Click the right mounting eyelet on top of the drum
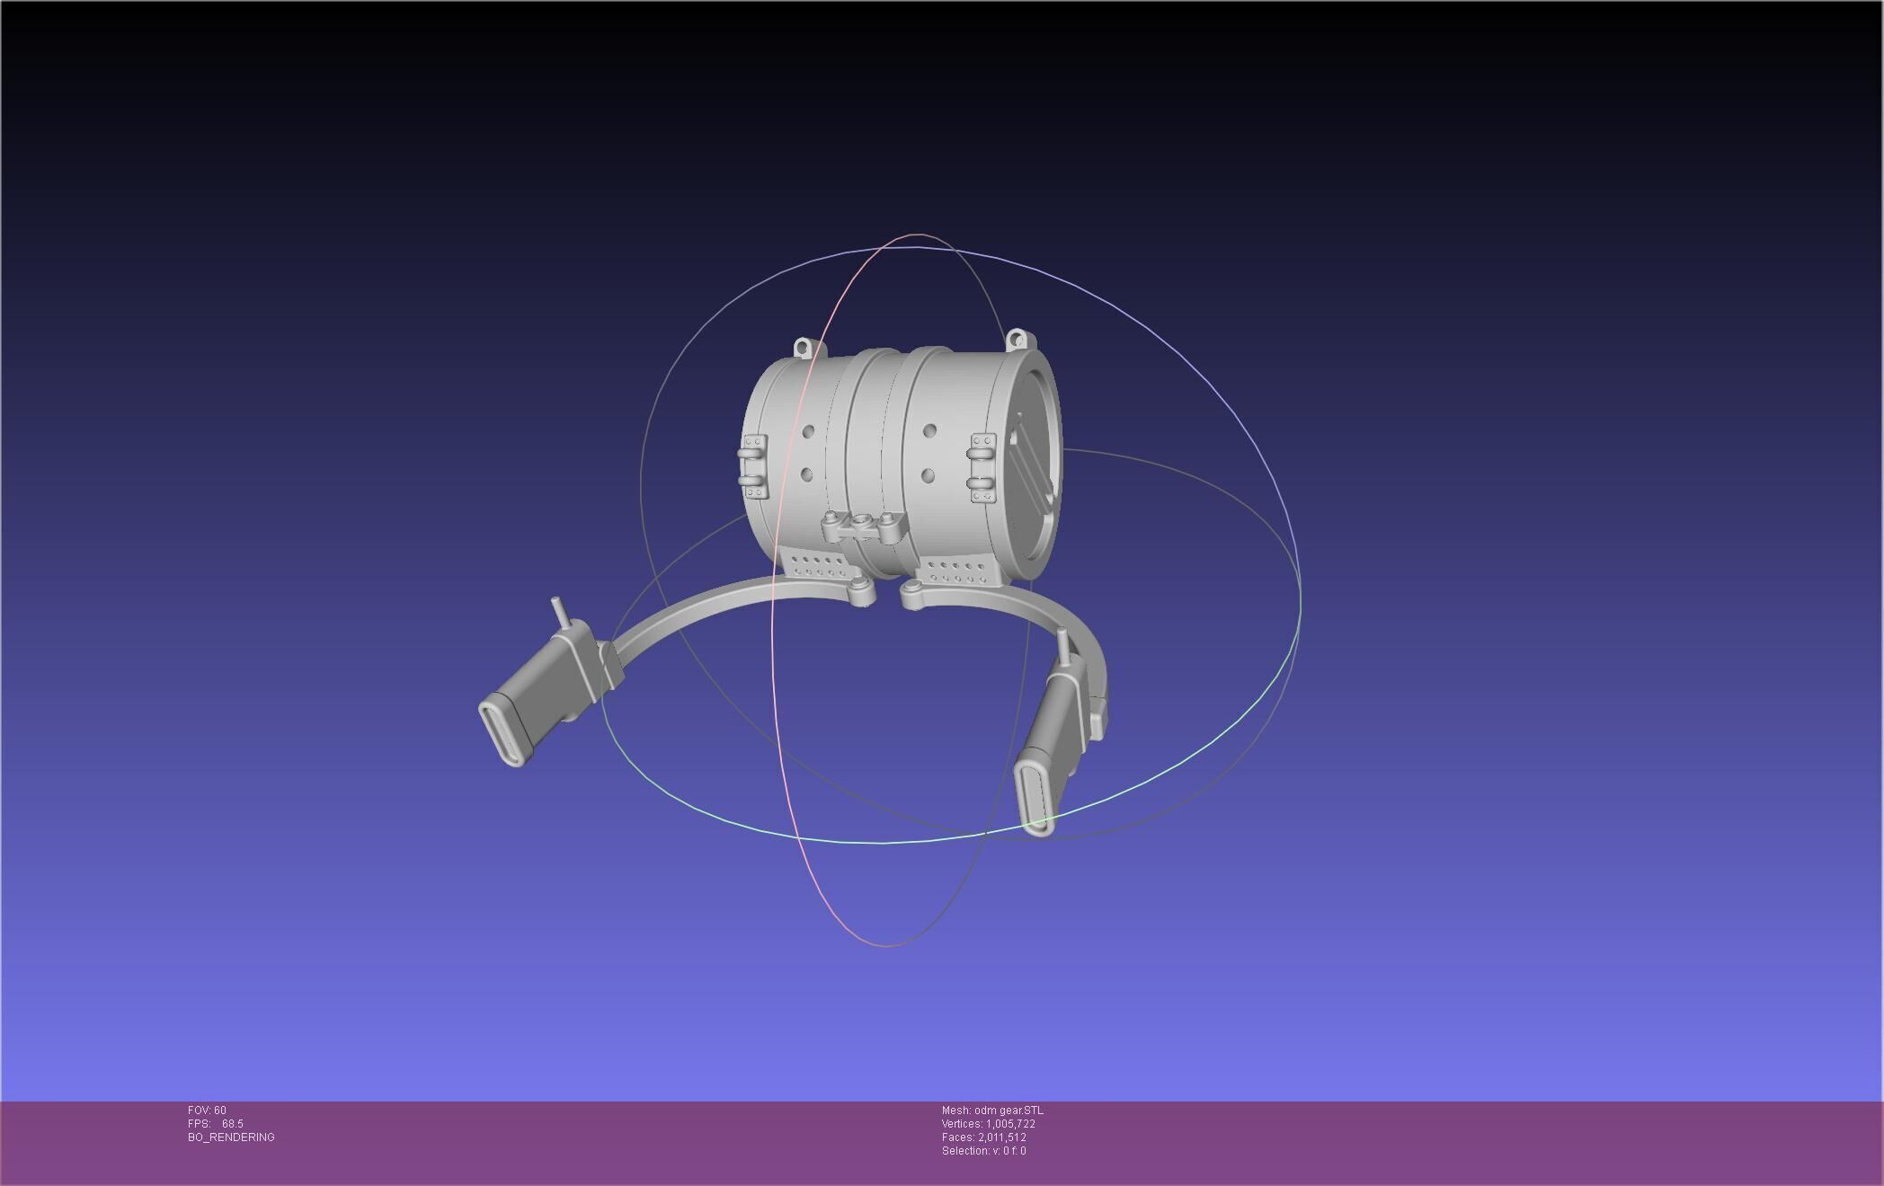(1017, 340)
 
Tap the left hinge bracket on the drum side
(753, 466)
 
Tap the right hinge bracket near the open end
(982, 467)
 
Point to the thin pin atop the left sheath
(558, 611)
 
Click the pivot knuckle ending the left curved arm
(861, 593)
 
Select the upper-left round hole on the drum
(809, 432)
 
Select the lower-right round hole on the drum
(928, 474)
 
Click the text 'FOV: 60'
(207, 1111)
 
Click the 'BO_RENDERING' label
(231, 1137)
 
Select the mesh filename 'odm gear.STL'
(1009, 1111)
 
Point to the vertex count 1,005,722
(1010, 1124)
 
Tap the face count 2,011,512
(1001, 1137)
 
